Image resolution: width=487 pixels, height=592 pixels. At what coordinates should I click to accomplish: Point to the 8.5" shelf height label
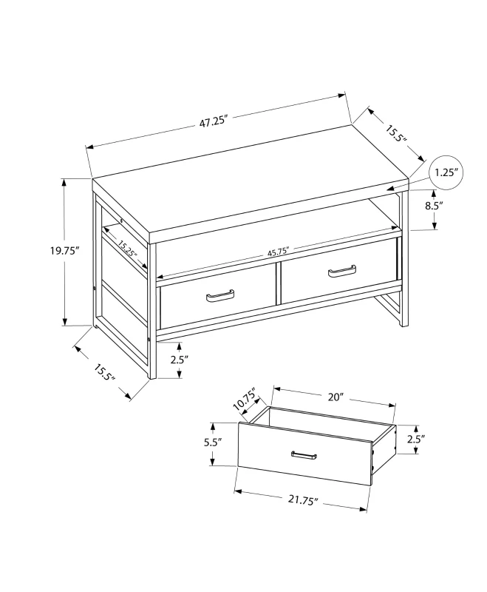click(x=433, y=206)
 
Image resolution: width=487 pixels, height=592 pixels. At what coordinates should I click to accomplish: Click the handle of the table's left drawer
click(x=220, y=297)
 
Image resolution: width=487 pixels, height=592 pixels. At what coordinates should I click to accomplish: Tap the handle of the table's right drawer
click(x=341, y=272)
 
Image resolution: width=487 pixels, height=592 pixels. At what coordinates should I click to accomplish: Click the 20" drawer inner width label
click(x=336, y=397)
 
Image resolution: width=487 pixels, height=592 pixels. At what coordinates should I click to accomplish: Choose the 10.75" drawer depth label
click(x=244, y=401)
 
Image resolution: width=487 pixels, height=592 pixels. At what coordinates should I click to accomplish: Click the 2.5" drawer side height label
click(x=416, y=438)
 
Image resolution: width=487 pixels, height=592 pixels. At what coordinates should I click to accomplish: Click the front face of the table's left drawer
click(x=218, y=303)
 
